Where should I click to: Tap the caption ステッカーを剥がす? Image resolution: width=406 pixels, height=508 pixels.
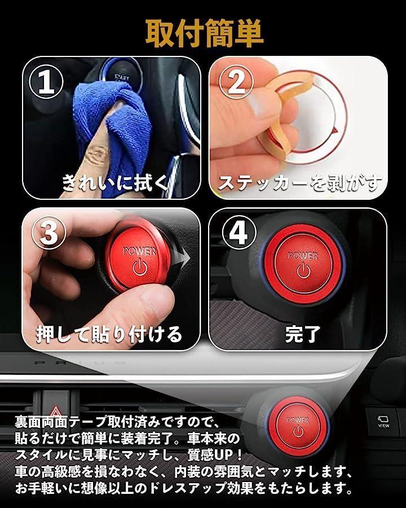pyautogui.click(x=299, y=183)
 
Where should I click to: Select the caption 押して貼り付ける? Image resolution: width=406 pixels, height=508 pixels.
pyautogui.click(x=109, y=334)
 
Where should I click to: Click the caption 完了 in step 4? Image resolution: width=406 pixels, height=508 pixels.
pyautogui.click(x=302, y=334)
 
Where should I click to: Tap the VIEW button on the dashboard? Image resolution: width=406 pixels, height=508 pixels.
pyautogui.click(x=383, y=421)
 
